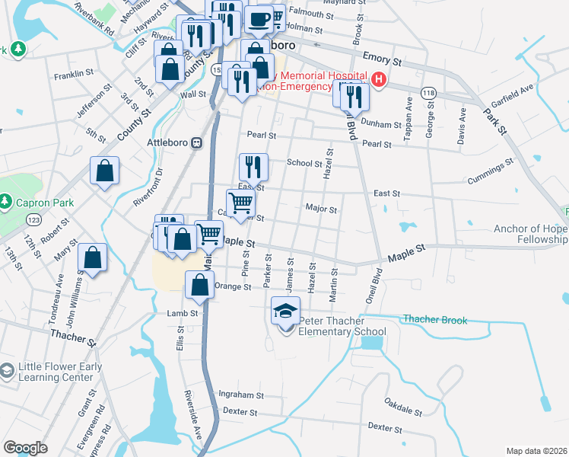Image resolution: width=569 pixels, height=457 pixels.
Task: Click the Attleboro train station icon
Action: tap(196, 142)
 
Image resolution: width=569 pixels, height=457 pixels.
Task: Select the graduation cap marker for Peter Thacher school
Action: tap(285, 312)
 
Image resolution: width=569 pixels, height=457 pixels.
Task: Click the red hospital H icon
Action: tap(378, 79)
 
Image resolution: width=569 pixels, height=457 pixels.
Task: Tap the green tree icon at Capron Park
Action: tap(5, 201)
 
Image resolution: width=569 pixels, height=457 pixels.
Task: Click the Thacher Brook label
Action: tap(434, 320)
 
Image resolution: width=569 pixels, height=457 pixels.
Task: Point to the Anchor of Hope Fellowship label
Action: tap(529, 234)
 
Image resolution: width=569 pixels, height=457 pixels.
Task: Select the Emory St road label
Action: tap(381, 58)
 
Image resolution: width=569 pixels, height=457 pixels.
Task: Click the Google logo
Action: tap(25, 448)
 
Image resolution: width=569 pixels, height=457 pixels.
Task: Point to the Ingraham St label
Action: tap(240, 395)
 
